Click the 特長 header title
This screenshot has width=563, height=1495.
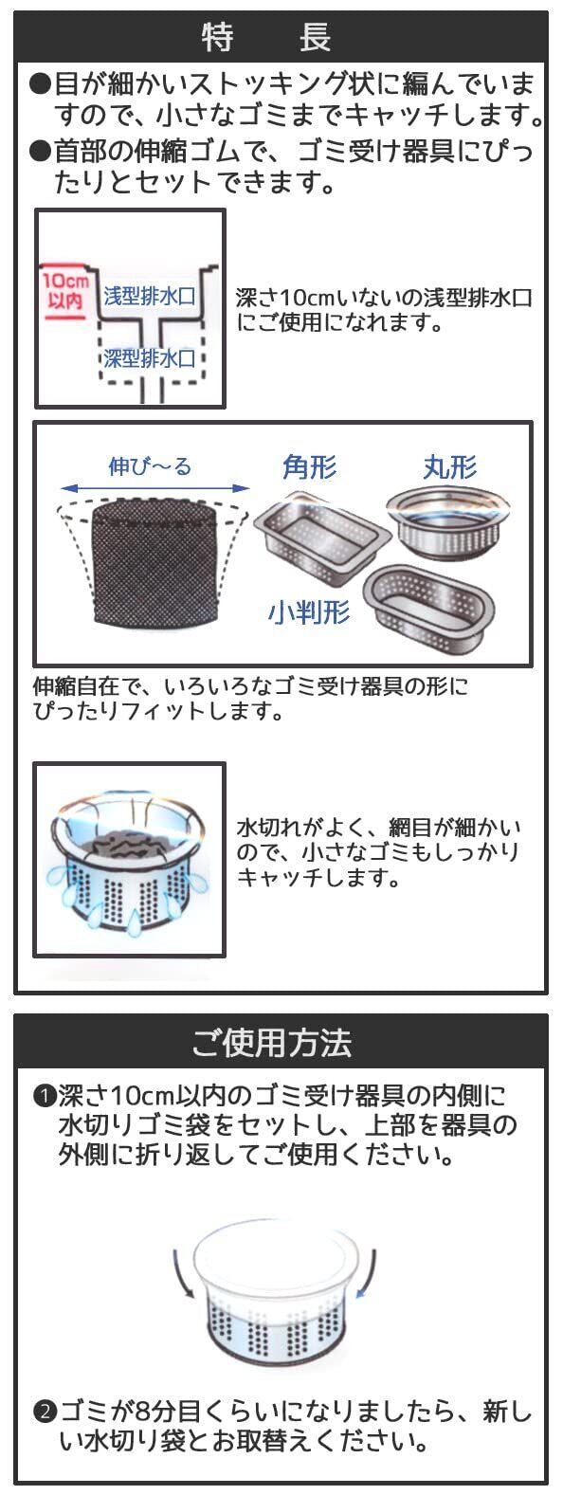267,37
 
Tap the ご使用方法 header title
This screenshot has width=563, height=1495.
271,1042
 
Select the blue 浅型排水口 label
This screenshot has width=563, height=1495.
149,296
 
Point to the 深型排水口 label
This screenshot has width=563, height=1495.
149,358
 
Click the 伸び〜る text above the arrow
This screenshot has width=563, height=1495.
150,465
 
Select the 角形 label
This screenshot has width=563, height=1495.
310,466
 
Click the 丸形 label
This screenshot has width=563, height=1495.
450,466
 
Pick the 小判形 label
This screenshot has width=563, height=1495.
309,611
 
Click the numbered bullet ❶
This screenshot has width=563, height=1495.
44,1095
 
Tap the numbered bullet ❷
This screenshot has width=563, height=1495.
44,1413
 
